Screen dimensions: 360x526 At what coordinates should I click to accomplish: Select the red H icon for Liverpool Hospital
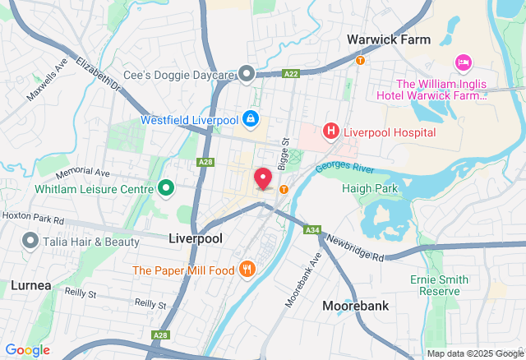[330, 131]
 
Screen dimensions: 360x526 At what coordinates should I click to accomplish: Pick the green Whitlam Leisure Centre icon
[165, 189]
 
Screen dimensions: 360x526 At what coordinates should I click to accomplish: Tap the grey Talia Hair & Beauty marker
[30, 241]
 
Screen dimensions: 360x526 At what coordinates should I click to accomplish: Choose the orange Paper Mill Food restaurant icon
[247, 270]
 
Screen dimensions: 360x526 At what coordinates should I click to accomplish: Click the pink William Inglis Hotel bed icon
[463, 62]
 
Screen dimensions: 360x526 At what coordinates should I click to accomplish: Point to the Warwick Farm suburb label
[389, 39]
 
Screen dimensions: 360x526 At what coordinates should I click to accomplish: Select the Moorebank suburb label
[355, 305]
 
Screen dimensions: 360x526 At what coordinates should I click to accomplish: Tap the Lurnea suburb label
[31, 285]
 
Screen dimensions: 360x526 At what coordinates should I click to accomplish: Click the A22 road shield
[291, 73]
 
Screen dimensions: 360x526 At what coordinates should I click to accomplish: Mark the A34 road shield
[311, 230]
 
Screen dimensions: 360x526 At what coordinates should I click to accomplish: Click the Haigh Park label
[370, 188]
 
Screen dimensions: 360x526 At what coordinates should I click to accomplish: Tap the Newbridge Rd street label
[354, 247]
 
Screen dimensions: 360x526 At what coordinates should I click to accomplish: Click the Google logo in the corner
[26, 350]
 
